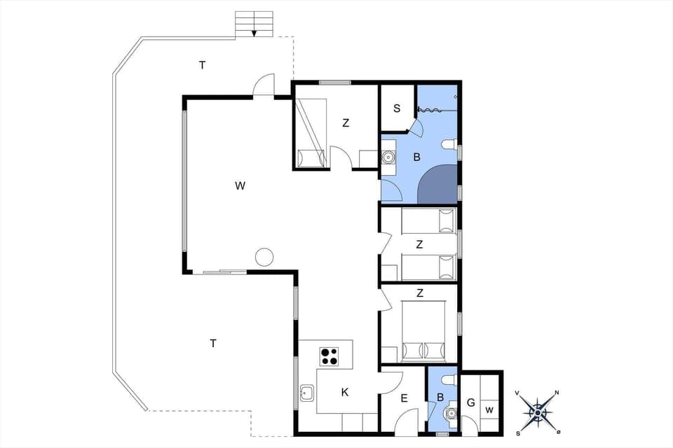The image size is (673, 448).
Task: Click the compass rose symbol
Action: click(537, 412)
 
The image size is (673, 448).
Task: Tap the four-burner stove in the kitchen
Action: click(329, 356)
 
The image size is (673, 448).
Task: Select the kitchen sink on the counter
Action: click(306, 393)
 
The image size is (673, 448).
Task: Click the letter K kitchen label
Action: click(345, 393)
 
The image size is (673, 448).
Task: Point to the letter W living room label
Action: click(240, 185)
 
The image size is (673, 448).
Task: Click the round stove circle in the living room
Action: click(264, 257)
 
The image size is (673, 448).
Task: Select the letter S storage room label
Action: click(397, 108)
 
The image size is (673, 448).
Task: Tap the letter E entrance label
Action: click(404, 398)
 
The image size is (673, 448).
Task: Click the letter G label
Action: click(470, 402)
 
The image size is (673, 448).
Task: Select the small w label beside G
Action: click(489, 409)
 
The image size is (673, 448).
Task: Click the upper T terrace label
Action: click(202, 65)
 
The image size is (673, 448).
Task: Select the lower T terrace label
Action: click(212, 343)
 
